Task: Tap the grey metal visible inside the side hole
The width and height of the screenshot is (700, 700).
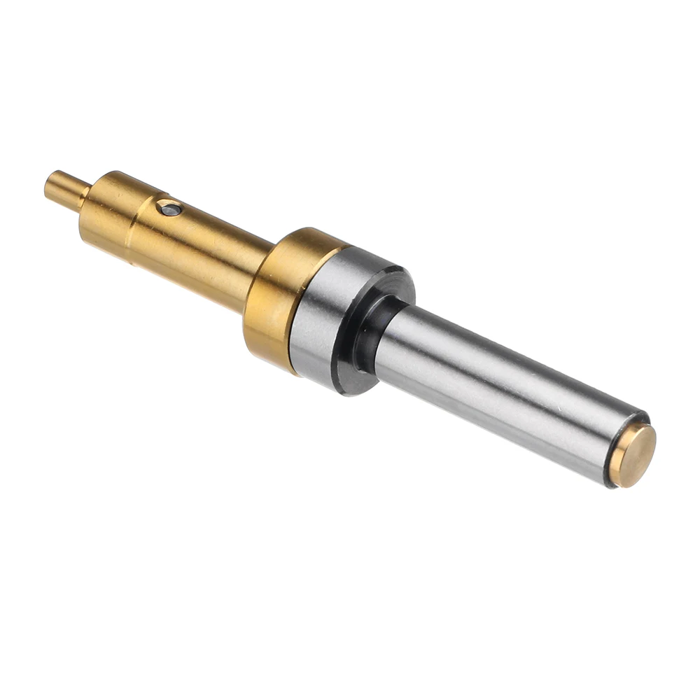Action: (169, 208)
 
